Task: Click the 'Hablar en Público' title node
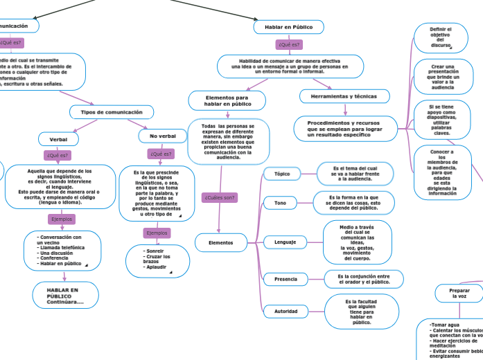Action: pyautogui.click(x=288, y=27)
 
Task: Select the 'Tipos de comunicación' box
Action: pyautogui.click(x=112, y=111)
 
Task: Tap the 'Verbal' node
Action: pyautogui.click(x=58, y=138)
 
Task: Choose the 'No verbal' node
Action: pyautogui.click(x=163, y=136)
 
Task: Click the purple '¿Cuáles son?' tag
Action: pyautogui.click(x=220, y=197)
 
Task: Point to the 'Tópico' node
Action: pyautogui.click(x=282, y=174)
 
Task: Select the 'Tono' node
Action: pyautogui.click(x=280, y=203)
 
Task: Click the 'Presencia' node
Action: pyautogui.click(x=286, y=279)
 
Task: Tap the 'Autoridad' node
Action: pyautogui.click(x=286, y=311)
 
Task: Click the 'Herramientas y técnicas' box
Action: pyautogui.click(x=344, y=96)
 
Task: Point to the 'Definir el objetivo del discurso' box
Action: pyautogui.click(x=440, y=37)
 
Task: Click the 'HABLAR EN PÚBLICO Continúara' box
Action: pyautogui.click(x=63, y=296)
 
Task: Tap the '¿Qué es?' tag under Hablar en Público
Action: pyautogui.click(x=289, y=44)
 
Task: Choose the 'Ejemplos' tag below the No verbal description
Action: pyautogui.click(x=157, y=233)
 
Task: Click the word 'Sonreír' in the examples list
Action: pyautogui.click(x=154, y=250)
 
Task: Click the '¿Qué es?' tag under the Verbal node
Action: pyautogui.click(x=58, y=155)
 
